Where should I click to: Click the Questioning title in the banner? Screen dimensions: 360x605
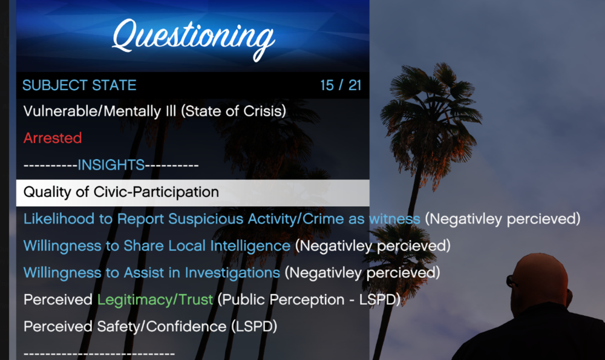tap(193, 36)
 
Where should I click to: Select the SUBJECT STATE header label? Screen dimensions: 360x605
tap(79, 85)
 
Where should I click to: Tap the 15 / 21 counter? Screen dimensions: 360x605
tap(341, 85)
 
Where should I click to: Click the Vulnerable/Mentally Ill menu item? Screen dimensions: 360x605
tap(154, 111)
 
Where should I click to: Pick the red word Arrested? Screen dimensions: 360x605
tap(53, 138)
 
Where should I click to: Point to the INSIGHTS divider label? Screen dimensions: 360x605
tap(111, 165)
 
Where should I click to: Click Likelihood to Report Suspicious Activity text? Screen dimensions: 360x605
tap(221, 218)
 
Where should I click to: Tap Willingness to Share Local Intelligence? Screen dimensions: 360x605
tap(157, 246)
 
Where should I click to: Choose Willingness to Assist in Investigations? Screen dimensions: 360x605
tap(151, 272)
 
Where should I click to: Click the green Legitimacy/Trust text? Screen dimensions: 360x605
tap(155, 299)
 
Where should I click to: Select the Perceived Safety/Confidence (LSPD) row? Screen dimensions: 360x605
tap(150, 326)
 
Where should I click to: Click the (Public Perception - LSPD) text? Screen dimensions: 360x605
tap(309, 299)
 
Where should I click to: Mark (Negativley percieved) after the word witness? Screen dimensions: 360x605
tap(502, 218)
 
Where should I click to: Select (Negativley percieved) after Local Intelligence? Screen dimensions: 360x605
tap(373, 246)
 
